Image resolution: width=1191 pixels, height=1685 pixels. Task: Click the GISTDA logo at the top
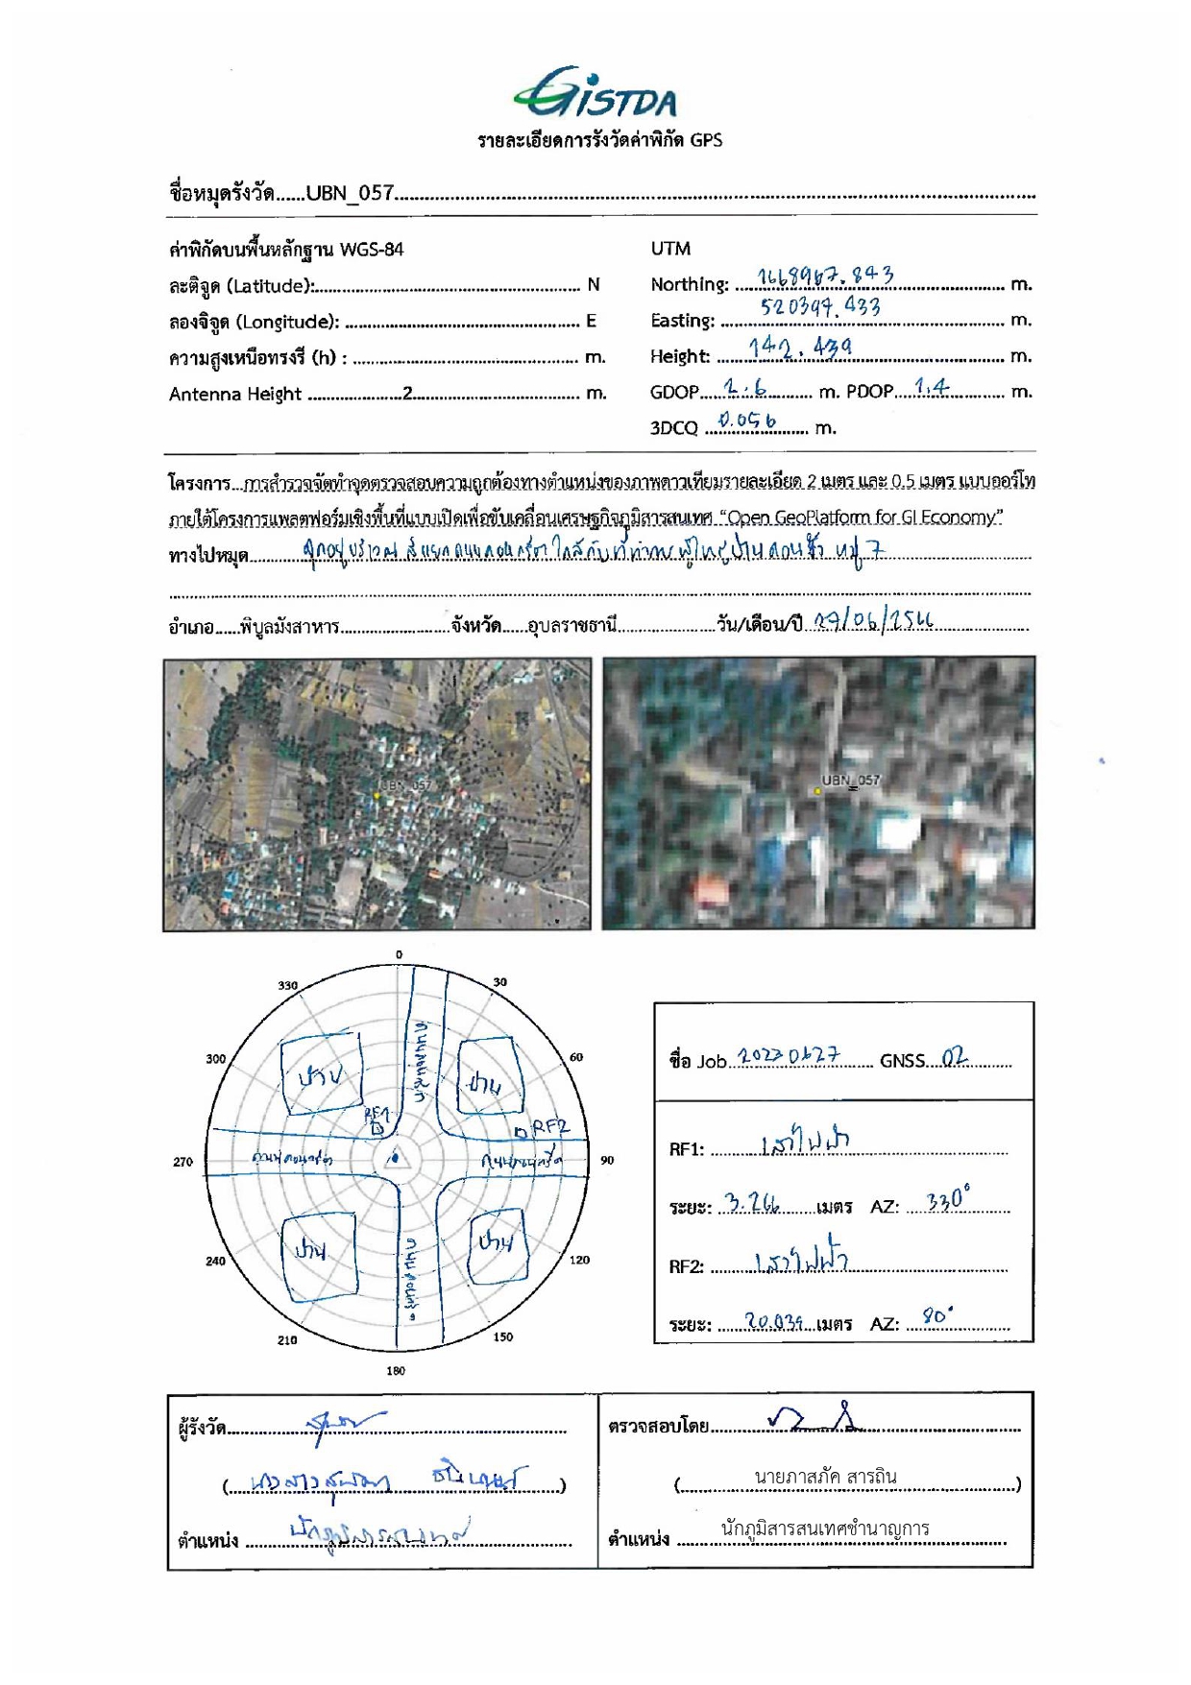pyautogui.click(x=595, y=93)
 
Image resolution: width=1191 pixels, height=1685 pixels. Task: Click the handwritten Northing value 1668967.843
pyautogui.click(x=825, y=277)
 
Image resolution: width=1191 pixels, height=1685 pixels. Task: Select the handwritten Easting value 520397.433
pyautogui.click(x=820, y=307)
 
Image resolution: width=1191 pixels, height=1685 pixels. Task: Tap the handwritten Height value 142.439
pyautogui.click(x=800, y=347)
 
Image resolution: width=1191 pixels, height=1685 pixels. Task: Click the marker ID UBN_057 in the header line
pyautogui.click(x=350, y=193)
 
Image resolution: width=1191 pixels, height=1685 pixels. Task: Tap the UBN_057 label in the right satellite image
pyautogui.click(x=850, y=781)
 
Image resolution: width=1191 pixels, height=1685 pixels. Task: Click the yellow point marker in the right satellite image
pyautogui.click(x=817, y=791)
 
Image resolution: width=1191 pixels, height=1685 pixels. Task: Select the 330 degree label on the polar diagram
pyautogui.click(x=288, y=985)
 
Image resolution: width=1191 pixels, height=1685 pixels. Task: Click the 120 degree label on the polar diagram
pyautogui.click(x=579, y=1260)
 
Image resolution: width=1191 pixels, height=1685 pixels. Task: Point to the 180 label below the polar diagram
pyautogui.click(x=396, y=1371)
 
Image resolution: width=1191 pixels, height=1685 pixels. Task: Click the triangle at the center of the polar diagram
pyautogui.click(x=398, y=1160)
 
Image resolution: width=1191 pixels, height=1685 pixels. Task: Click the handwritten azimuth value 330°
pyautogui.click(x=947, y=1200)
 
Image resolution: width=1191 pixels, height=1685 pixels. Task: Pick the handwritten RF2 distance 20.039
pyautogui.click(x=773, y=1321)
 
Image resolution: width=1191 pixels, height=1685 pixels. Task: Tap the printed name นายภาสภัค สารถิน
pyautogui.click(x=825, y=1478)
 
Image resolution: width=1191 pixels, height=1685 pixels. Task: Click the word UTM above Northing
pyautogui.click(x=670, y=249)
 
